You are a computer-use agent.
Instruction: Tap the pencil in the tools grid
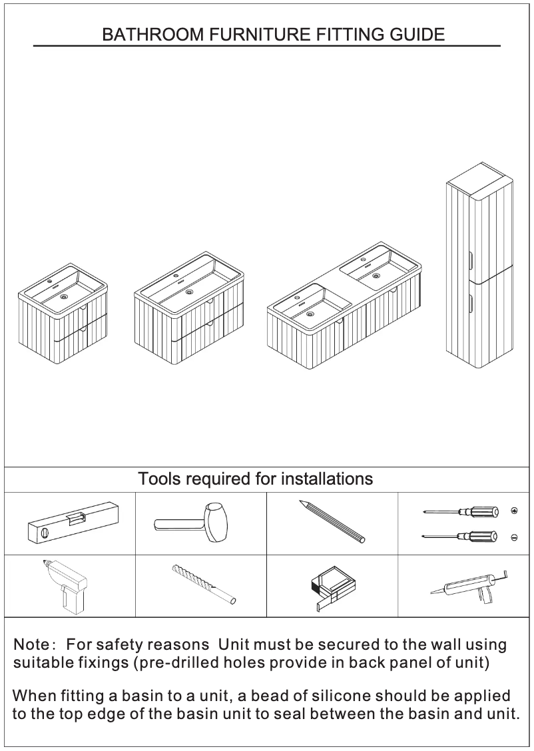[332, 521]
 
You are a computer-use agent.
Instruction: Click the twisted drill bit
[203, 584]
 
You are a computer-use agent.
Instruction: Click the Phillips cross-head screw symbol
[513, 511]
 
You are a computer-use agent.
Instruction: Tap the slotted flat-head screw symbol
[513, 537]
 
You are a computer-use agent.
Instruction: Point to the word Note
[31, 644]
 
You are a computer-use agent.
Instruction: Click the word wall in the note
[433, 644]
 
